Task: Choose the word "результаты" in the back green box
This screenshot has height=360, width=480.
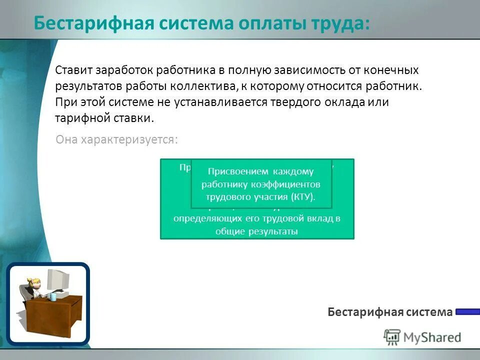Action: tap(273, 231)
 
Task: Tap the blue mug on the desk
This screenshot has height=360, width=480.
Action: tap(53, 296)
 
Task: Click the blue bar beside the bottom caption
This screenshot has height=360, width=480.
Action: tap(467, 312)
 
